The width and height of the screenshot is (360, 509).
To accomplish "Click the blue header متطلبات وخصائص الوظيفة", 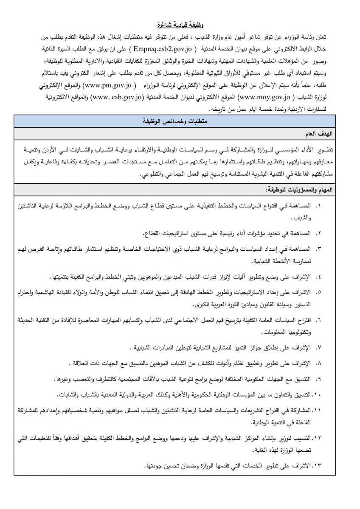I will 180,121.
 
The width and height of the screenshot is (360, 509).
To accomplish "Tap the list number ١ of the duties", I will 319,207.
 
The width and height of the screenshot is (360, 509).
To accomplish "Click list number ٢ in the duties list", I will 319,234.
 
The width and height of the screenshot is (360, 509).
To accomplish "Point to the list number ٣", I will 319,248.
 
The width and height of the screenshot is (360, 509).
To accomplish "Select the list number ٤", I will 319,276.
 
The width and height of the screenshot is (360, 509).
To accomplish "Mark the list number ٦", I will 319,319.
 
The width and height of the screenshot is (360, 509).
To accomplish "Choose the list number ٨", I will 319,363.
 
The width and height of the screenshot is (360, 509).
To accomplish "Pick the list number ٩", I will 319,378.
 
